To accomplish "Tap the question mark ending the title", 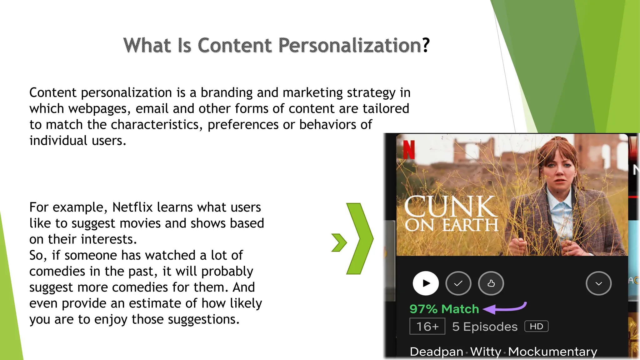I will point(426,46).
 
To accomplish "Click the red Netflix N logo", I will point(408,150).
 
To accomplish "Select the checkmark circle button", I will point(458,283).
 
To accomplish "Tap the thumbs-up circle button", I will point(491,283).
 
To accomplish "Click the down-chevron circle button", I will point(598,283).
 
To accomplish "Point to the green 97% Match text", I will point(444,309).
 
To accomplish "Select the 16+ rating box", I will point(427,327).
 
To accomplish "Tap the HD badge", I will point(536,327).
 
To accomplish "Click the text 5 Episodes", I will point(485,327).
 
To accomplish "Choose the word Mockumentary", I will point(552,352).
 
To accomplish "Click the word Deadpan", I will point(436,352).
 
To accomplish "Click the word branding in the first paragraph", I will point(226,93).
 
